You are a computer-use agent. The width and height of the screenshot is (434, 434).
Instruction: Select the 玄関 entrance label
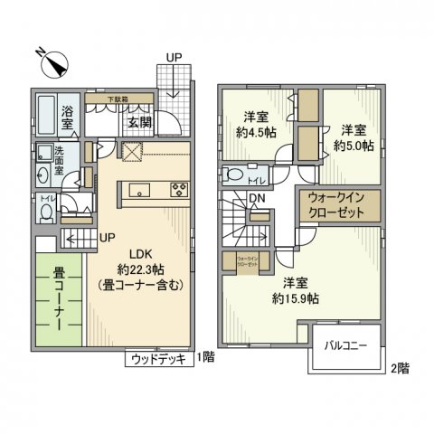coord(138,122)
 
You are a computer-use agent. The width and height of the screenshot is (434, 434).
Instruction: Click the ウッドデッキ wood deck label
coord(159,359)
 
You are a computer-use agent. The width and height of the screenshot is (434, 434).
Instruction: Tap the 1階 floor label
coord(204,359)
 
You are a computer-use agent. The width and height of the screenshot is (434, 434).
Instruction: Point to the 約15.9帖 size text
coord(296,296)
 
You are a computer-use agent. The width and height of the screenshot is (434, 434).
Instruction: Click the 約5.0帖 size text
coord(354,144)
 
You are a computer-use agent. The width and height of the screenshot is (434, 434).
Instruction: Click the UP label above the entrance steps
coord(174,59)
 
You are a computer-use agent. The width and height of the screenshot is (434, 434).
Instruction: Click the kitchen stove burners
coord(178,190)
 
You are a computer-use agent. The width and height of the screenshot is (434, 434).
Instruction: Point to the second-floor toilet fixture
coord(235,175)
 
